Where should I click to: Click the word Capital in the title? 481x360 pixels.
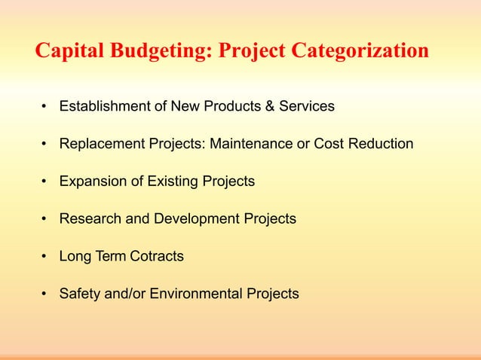tap(69, 51)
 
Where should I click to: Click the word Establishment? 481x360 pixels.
tap(106, 106)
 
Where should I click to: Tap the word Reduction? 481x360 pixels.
tap(381, 144)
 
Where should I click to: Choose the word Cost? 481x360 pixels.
tap(329, 144)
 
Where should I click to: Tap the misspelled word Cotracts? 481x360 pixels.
tap(155, 257)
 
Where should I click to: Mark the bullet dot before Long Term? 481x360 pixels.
tap(45, 257)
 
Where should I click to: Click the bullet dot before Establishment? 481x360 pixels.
tap(45, 106)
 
